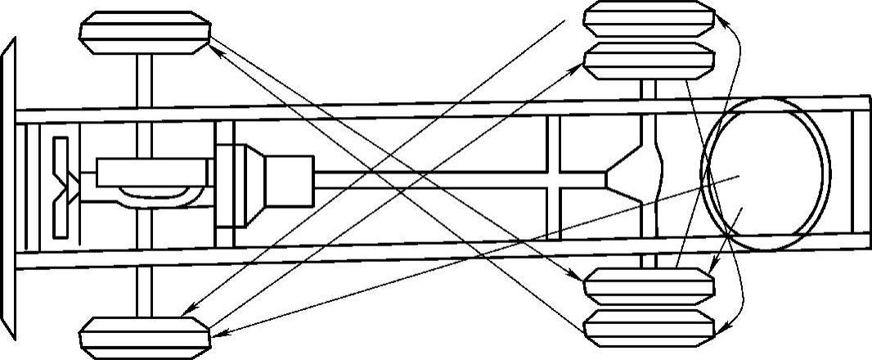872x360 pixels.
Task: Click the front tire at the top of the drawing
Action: pos(146,33)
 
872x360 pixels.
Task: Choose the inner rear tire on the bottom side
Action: pos(650,287)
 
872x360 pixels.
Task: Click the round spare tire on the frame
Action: pos(766,174)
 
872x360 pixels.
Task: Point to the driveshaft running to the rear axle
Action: pos(458,181)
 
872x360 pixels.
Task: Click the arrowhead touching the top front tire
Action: pos(214,47)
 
